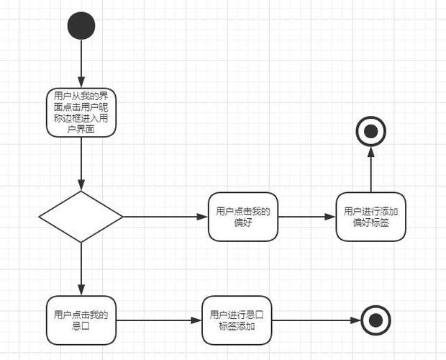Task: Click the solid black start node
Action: [x=81, y=25]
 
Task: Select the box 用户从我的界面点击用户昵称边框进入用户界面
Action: [x=81, y=112]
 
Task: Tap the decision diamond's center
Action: [x=81, y=217]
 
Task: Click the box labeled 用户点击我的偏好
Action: [x=243, y=217]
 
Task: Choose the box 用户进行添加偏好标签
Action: [x=371, y=217]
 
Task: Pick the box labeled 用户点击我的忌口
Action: [x=81, y=320]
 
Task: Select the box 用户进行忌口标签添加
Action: [x=237, y=320]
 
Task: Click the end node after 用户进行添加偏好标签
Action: [x=371, y=131]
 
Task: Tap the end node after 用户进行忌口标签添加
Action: [x=376, y=320]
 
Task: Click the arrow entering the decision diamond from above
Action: [x=81, y=163]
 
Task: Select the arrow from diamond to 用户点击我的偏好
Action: [x=165, y=217]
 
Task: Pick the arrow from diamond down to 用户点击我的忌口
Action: [x=81, y=269]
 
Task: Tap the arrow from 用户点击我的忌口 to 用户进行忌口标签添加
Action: [x=159, y=320]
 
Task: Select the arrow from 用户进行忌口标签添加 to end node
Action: [x=316, y=320]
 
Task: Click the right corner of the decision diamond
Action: [x=122, y=217]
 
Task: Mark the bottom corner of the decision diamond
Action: [x=81, y=242]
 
